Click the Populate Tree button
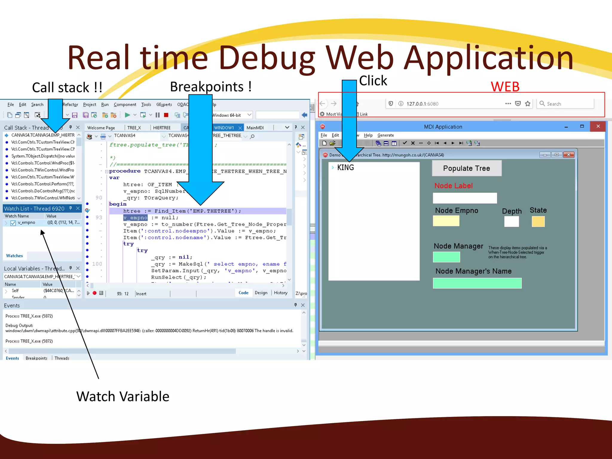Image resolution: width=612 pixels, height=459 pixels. pyautogui.click(x=466, y=168)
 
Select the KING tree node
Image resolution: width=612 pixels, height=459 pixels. pyautogui.click(x=345, y=168)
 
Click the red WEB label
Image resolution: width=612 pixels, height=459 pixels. pyautogui.click(x=505, y=87)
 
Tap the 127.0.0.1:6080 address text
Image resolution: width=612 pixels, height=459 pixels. pyautogui.click(x=422, y=104)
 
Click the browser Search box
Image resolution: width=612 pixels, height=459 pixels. pyautogui.click(x=565, y=104)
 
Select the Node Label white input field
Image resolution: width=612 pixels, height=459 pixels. pyautogui.click(x=465, y=198)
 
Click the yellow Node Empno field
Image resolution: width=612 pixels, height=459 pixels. pyautogui.click(x=446, y=221)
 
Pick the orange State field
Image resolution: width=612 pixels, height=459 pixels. pyautogui.click(x=538, y=221)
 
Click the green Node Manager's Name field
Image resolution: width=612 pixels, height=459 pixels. pyautogui.click(x=477, y=283)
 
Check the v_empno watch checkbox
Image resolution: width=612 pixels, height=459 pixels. pyautogui.click(x=13, y=223)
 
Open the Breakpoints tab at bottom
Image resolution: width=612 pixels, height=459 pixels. pyautogui.click(x=36, y=358)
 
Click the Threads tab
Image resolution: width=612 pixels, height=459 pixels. pyautogui.click(x=62, y=358)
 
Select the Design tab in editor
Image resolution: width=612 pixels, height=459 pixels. pyautogui.click(x=261, y=293)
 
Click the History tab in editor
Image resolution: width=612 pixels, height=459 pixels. pyautogui.click(x=281, y=293)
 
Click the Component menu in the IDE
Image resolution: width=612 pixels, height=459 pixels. pyautogui.click(x=125, y=105)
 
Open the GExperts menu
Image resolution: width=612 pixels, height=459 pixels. pyautogui.click(x=164, y=105)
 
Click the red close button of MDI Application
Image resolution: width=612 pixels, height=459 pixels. pyautogui.click(x=598, y=126)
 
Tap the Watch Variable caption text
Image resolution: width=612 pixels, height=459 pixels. pyautogui.click(x=123, y=397)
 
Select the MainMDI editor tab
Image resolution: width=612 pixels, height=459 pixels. pyautogui.click(x=255, y=128)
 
